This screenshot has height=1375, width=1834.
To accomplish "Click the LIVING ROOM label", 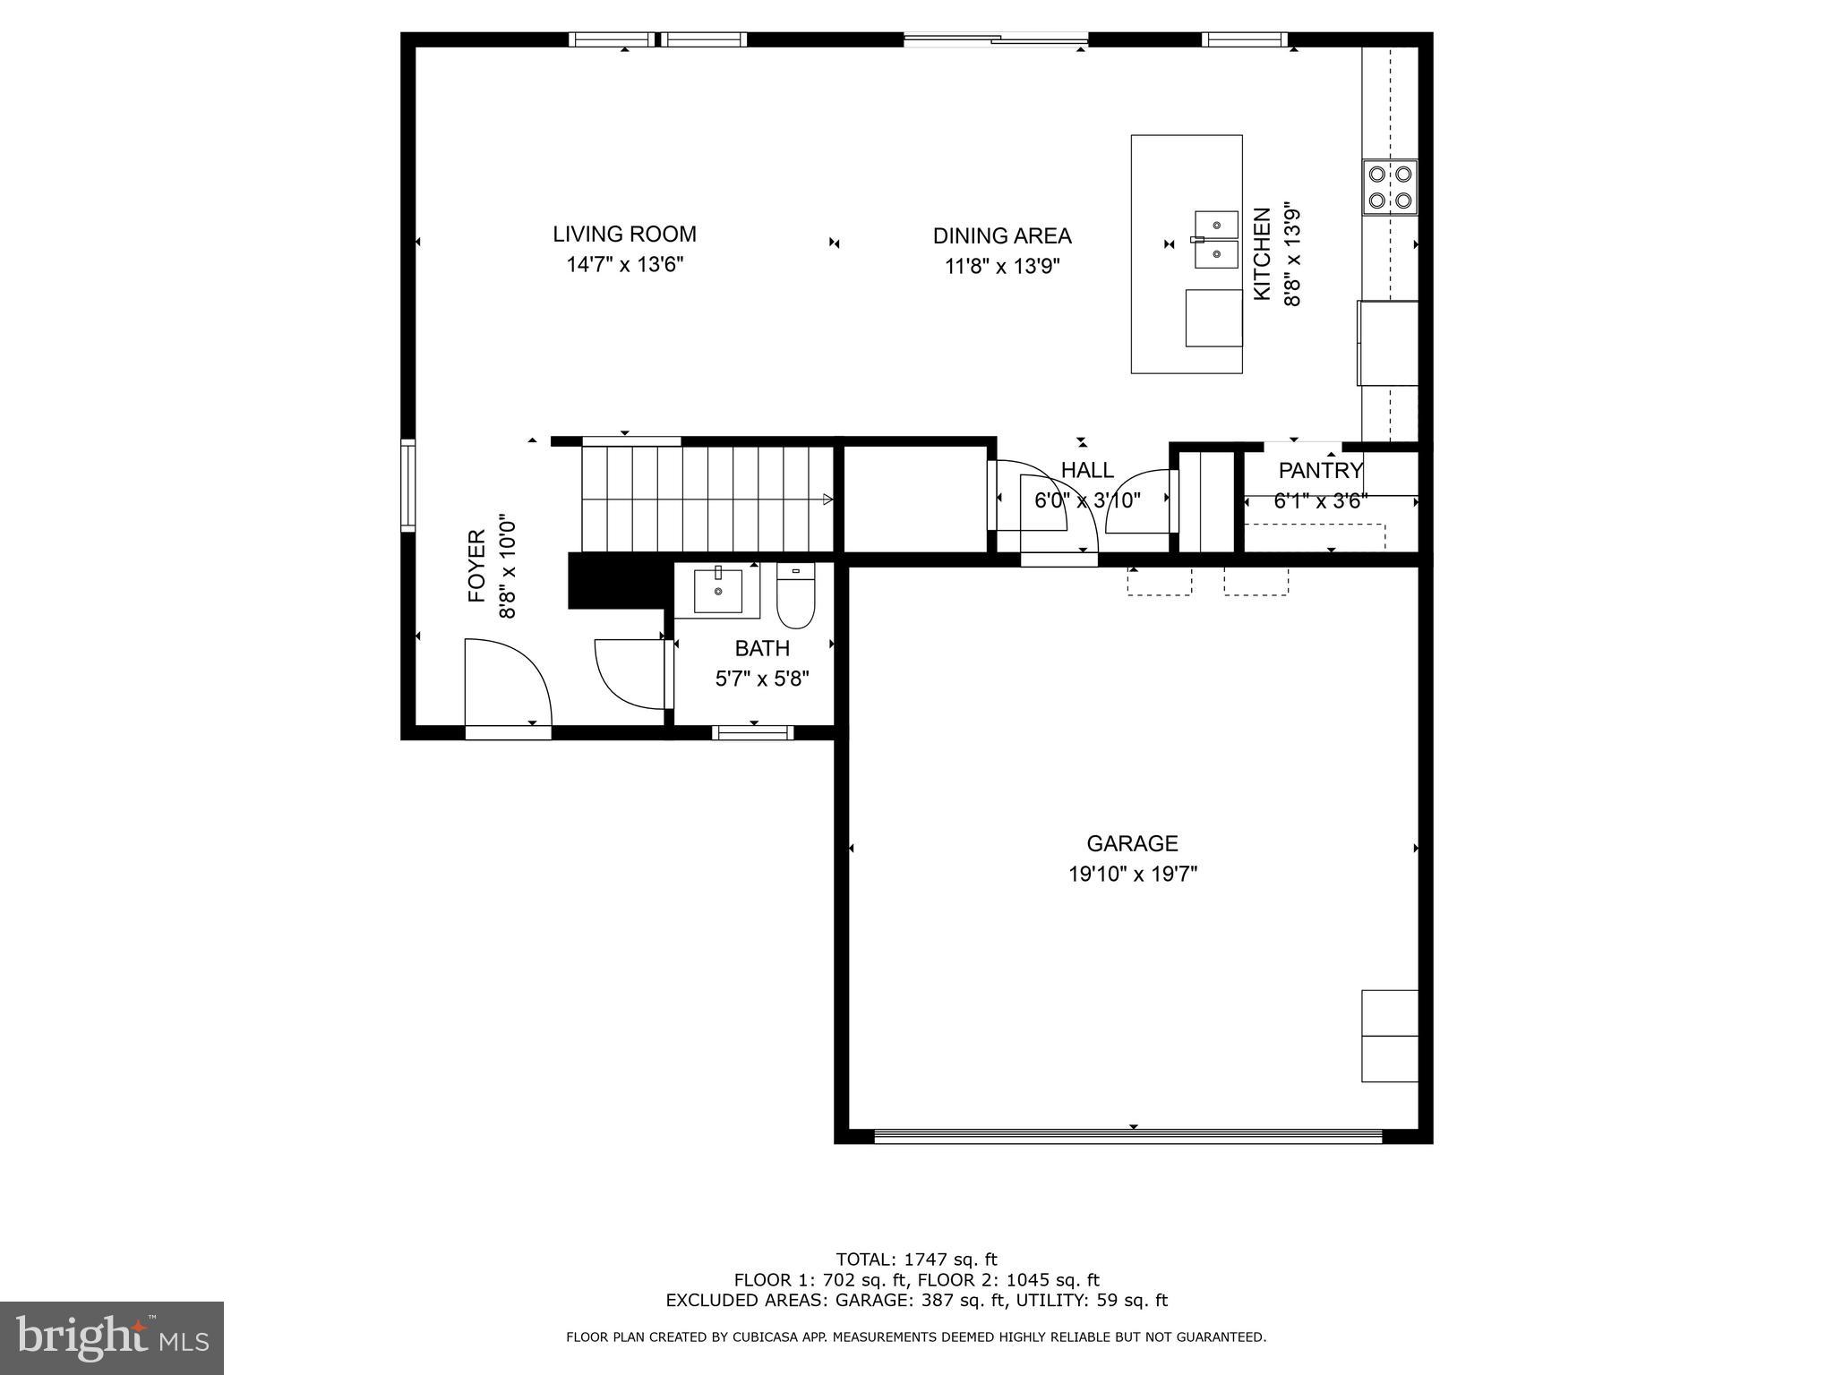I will tap(624, 235).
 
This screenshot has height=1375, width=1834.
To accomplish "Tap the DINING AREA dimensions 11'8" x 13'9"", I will tap(1002, 267).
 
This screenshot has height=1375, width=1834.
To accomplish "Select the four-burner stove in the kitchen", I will tap(1390, 187).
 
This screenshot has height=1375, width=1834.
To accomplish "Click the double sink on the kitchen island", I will tap(1216, 240).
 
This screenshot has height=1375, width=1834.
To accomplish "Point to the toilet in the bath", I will tap(794, 597).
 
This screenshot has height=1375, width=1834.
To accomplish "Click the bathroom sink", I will tap(717, 591).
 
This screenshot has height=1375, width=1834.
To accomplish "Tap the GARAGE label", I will tap(1132, 843).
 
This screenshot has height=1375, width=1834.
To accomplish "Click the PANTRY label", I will tap(1320, 471).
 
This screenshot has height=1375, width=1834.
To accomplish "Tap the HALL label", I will tap(1087, 471).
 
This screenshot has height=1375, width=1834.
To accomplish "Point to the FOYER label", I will tap(476, 566).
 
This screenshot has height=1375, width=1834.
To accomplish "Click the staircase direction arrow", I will tap(827, 500).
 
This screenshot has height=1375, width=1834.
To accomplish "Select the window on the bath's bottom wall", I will tap(752, 733).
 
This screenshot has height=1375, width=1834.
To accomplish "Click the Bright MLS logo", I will tap(111, 1337).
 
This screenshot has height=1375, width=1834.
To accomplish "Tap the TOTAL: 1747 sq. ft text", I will tap(916, 1260).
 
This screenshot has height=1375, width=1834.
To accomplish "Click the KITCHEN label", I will tap(1262, 254).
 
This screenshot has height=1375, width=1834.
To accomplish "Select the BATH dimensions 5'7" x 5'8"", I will tap(761, 679).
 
